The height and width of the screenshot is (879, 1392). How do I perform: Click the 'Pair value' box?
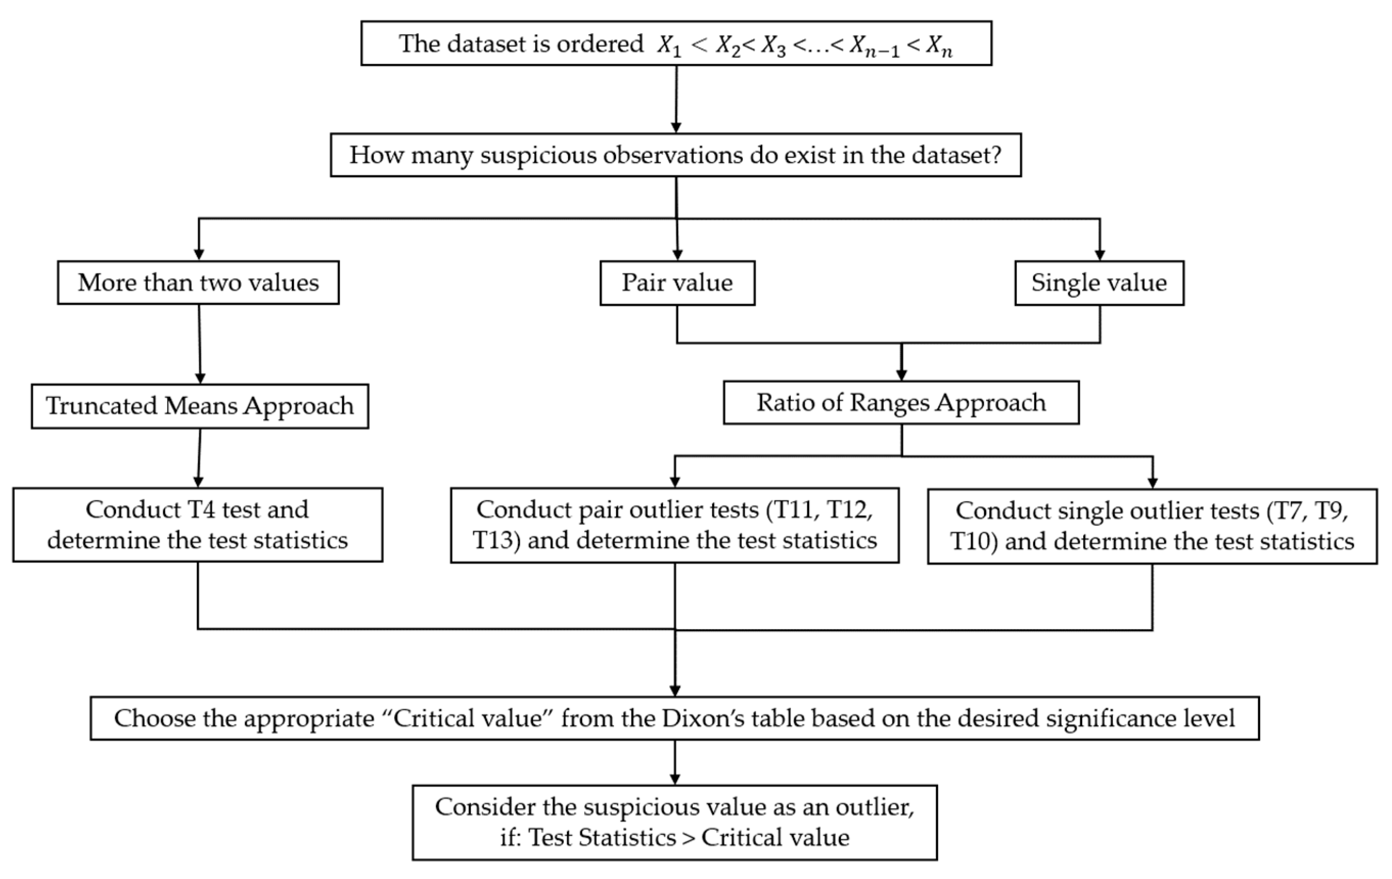[x=677, y=283]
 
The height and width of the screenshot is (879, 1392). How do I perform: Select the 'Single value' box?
[x=1099, y=283]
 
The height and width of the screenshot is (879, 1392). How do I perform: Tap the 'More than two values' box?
[x=198, y=283]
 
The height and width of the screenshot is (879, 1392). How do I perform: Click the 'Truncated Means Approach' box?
[x=200, y=406]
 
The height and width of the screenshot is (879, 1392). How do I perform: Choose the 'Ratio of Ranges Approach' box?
[x=901, y=403]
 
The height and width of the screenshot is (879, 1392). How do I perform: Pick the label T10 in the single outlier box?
[x=973, y=542]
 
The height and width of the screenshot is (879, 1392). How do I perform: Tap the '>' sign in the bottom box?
[x=688, y=838]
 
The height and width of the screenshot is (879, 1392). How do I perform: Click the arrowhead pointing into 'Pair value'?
[x=677, y=255]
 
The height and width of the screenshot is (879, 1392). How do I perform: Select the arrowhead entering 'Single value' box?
[x=1100, y=255]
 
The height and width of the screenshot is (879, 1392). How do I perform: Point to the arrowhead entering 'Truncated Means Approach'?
[x=200, y=379]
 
